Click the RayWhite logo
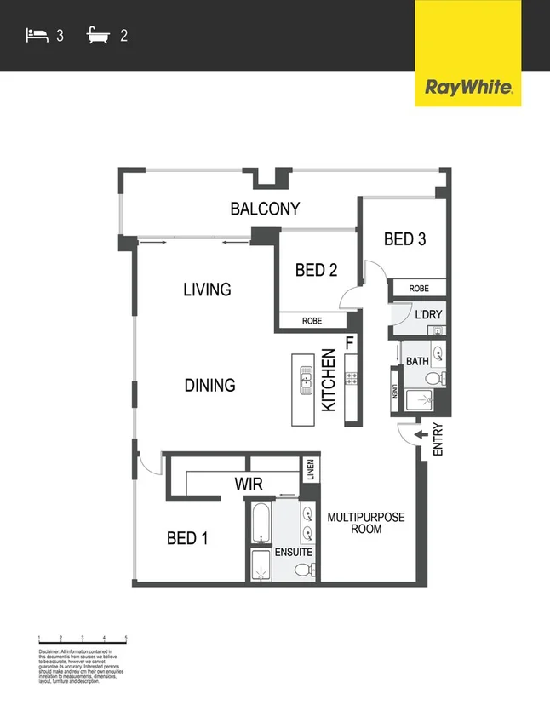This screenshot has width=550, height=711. (x=467, y=86)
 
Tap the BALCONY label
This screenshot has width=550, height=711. (x=266, y=209)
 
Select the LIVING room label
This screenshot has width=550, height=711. (x=207, y=290)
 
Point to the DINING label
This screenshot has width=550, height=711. (x=209, y=386)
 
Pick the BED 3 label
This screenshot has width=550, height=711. (x=404, y=238)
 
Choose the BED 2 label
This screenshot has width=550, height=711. (x=317, y=270)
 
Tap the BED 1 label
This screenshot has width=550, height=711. (x=188, y=538)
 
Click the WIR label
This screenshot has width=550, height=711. (x=249, y=485)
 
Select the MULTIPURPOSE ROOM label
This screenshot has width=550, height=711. (x=365, y=523)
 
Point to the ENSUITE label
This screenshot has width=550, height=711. (x=293, y=553)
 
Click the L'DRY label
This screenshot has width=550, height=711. (x=428, y=315)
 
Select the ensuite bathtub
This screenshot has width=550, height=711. (x=261, y=521)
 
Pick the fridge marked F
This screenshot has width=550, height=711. (x=349, y=343)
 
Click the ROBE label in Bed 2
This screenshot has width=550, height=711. (x=312, y=321)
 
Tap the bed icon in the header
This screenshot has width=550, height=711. (x=37, y=36)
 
